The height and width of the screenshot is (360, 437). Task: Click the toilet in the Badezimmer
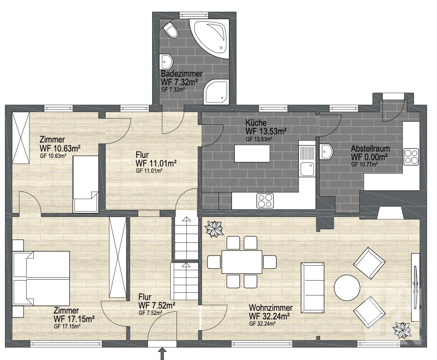pos(171,30)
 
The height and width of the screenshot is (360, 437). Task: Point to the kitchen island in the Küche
pos(252,153)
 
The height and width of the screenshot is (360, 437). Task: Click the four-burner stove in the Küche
pos(265,201)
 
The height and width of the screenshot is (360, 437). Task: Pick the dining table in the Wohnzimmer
pos(242,262)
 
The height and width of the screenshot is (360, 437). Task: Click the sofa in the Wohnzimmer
pos(312,287)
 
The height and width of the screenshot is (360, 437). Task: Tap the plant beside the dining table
pos(214,229)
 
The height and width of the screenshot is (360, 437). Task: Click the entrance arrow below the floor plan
pos(162,354)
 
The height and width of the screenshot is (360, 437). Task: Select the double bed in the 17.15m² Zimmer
pos(41,279)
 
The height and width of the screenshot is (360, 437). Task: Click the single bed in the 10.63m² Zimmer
pos(86,184)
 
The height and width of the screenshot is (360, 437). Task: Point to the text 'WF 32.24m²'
pos(269,316)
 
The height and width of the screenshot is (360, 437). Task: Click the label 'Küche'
pos(256,123)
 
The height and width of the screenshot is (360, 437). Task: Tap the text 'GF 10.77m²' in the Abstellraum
pos(364,164)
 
